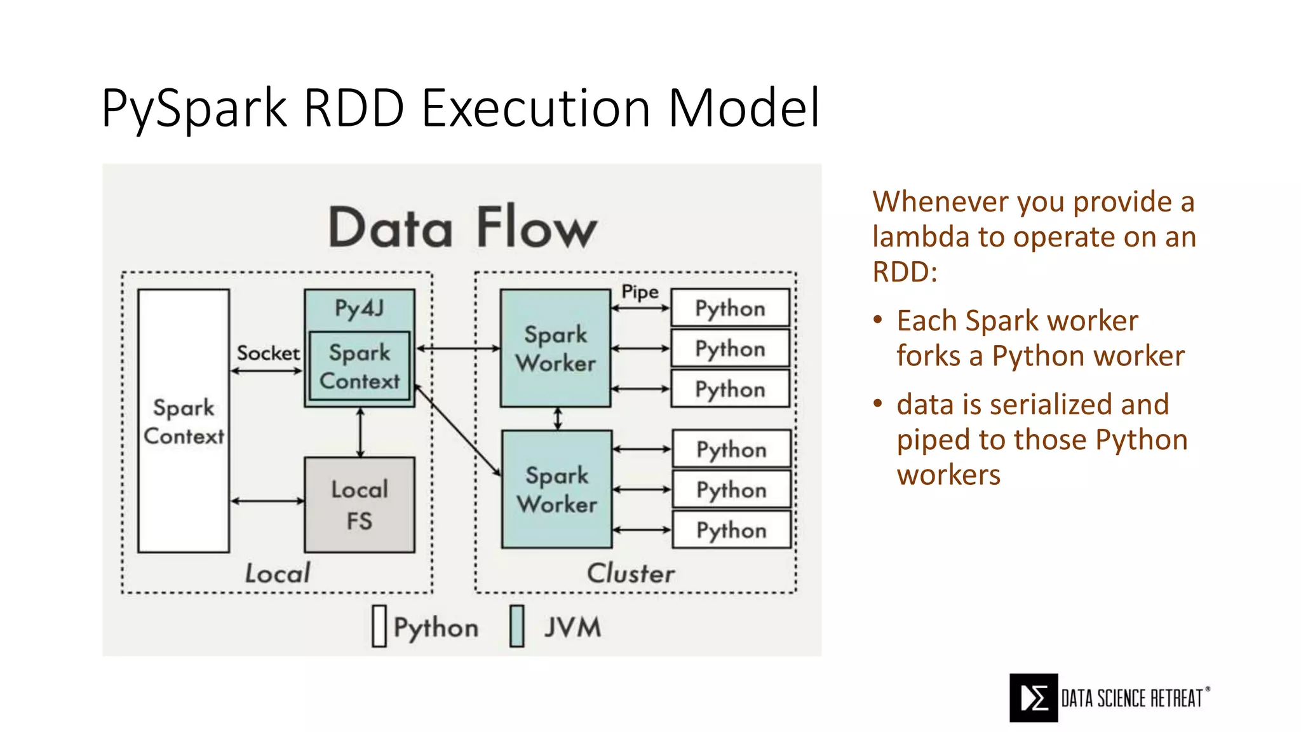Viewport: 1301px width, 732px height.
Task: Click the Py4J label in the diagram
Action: tap(360, 308)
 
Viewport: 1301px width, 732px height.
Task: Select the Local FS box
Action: tap(360, 505)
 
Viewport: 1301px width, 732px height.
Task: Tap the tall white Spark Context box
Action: tap(184, 421)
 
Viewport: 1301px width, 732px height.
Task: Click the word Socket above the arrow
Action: tap(268, 353)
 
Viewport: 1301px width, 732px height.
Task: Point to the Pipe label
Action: tap(640, 292)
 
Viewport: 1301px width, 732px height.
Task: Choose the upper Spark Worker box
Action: tap(555, 348)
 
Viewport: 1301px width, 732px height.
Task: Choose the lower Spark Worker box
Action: tap(556, 489)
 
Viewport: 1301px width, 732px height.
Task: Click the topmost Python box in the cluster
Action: tap(730, 308)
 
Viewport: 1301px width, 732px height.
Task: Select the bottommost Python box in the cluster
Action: tap(731, 530)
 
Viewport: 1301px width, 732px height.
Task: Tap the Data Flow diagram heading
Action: tap(462, 227)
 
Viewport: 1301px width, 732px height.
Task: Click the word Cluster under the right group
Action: tap(630, 573)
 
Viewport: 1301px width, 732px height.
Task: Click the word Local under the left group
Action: tap(278, 573)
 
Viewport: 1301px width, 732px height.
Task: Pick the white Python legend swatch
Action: tap(379, 627)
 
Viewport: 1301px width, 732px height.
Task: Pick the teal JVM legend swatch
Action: tap(517, 627)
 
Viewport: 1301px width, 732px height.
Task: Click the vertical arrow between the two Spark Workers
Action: tap(558, 419)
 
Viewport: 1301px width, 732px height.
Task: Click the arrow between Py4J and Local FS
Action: tap(360, 433)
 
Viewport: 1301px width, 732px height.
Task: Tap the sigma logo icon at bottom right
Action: tap(1034, 698)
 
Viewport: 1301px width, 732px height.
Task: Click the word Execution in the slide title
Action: tap(536, 108)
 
